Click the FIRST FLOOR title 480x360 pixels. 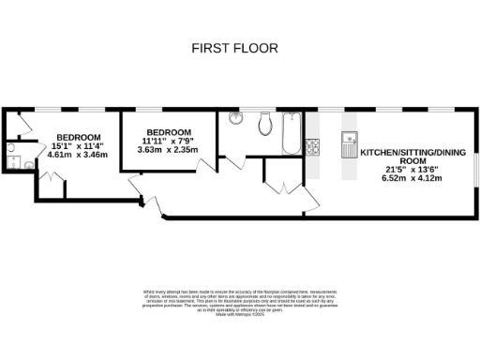234,47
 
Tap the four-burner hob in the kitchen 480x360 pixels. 312,147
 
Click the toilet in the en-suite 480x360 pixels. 26,165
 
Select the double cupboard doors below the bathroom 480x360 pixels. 282,187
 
